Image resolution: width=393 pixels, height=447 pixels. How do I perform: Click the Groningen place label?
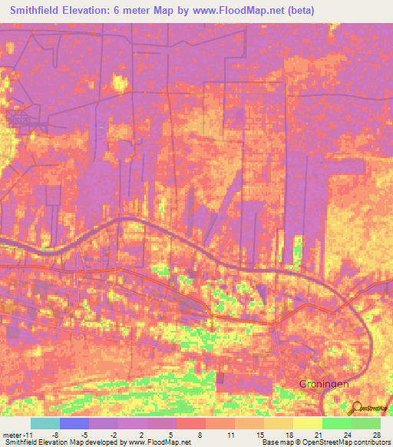[x=324, y=382]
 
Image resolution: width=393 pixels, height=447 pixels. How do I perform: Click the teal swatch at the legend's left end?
[x=45, y=423]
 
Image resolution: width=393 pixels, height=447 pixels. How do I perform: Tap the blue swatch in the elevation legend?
[x=74, y=423]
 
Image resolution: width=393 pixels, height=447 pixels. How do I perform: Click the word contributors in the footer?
[x=370, y=442]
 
